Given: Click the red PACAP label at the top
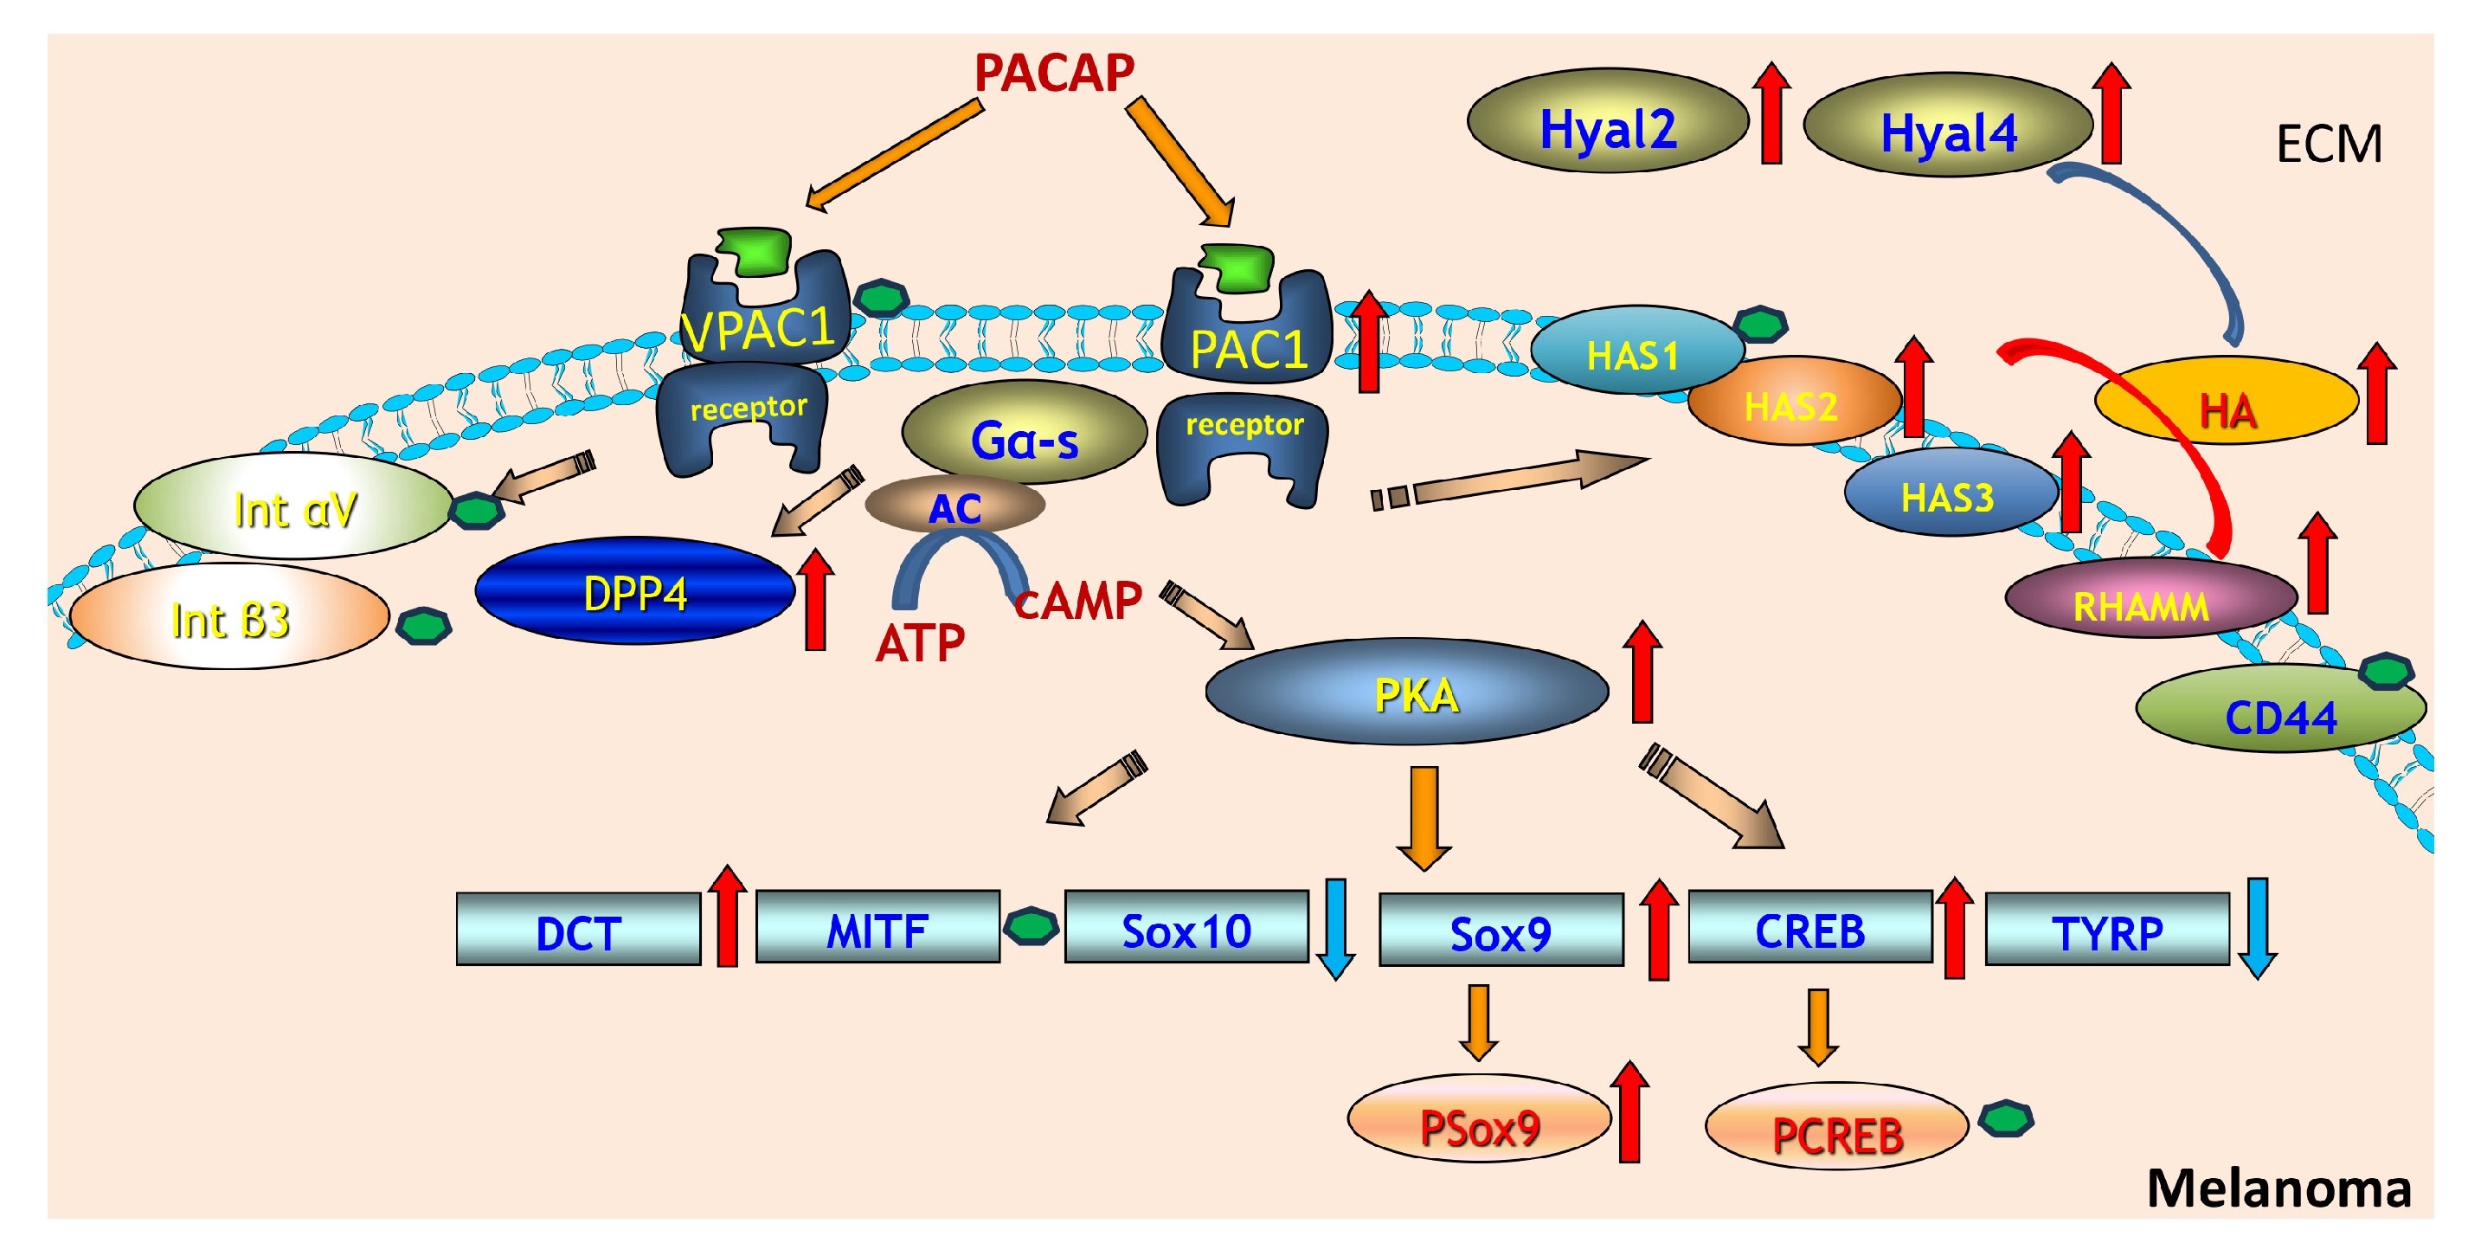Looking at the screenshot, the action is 1054,73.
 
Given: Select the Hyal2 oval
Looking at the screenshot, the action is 1608,120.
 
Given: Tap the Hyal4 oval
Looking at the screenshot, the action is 1948,125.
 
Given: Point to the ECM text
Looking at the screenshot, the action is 2328,145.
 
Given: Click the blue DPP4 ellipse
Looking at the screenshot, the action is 635,590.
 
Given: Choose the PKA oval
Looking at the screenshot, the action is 1406,691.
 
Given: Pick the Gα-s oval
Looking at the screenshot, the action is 1025,432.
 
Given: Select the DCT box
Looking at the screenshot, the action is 579,928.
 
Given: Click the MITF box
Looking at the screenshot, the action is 877,926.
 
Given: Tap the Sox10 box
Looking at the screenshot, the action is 1186,926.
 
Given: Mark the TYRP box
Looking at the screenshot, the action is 2107,928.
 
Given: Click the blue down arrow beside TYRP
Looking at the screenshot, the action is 2257,927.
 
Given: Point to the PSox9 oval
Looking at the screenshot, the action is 1479,1118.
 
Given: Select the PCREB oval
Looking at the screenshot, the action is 1836,1125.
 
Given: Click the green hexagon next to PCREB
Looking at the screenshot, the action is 2006,1118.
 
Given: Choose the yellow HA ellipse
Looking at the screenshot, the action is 2226,401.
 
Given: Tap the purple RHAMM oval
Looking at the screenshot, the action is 2151,597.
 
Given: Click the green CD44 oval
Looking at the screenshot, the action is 2280,708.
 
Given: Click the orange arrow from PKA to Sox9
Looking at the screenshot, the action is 1424,817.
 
